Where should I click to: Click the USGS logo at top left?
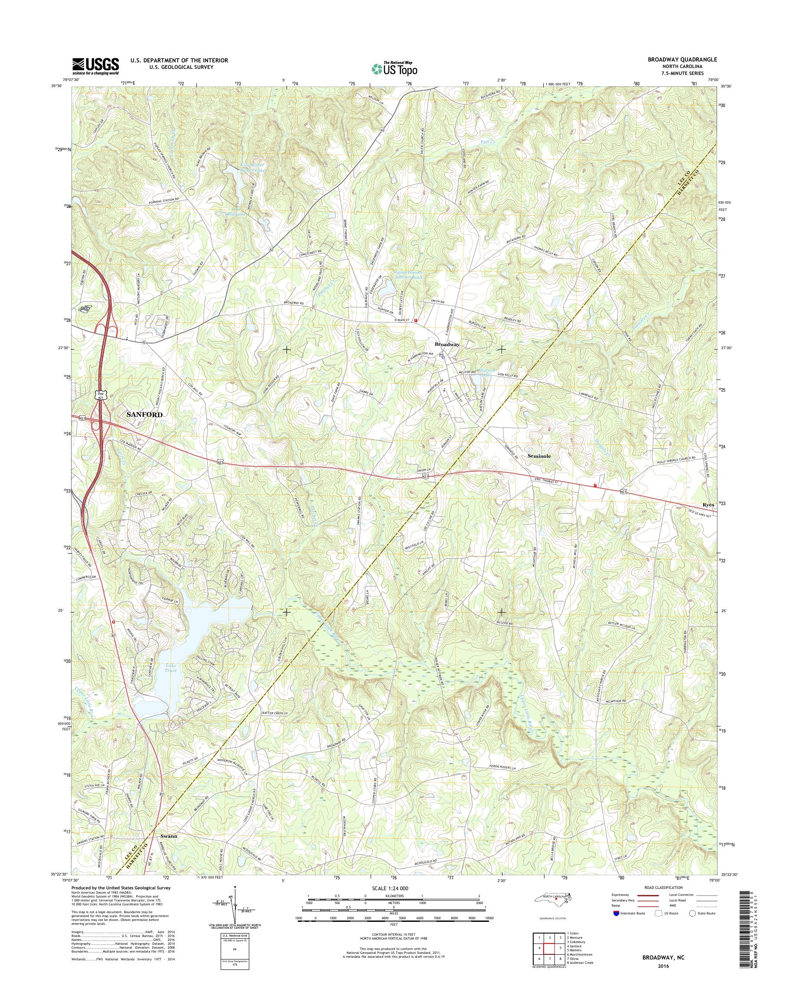[95, 66]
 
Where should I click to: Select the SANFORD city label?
[144, 415]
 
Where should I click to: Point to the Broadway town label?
[447, 345]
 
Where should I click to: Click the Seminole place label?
[539, 455]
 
